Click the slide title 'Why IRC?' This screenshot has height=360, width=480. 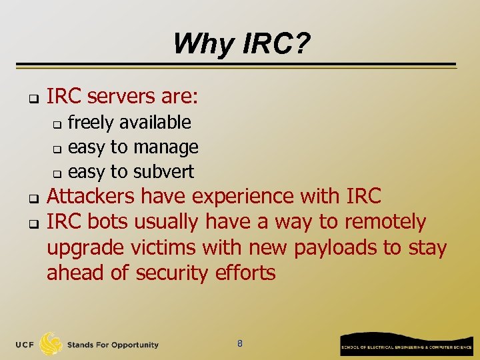click(241, 45)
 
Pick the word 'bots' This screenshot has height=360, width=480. click(107, 221)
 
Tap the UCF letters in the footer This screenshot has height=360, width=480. click(25, 345)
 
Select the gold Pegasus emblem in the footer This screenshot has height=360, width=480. click(51, 343)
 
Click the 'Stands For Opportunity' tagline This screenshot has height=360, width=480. click(113, 345)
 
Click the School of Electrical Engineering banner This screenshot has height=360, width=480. click(406, 344)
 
